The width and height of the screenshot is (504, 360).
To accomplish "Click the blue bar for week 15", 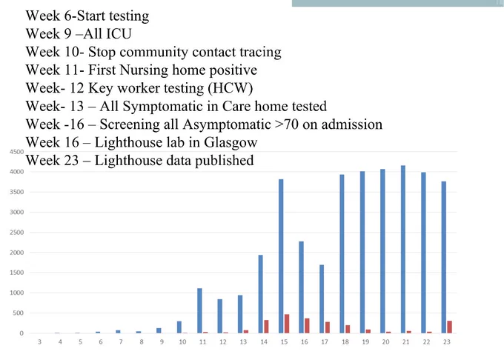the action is pyautogui.click(x=281, y=256).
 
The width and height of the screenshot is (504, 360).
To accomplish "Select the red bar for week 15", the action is pyautogui.click(x=287, y=324).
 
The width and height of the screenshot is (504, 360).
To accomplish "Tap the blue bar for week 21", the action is pyautogui.click(x=403, y=249).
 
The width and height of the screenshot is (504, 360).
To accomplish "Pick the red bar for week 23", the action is pyautogui.click(x=449, y=327).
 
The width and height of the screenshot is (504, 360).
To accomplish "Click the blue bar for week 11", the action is pyautogui.click(x=199, y=310).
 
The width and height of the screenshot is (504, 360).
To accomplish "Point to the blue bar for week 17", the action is pyautogui.click(x=322, y=299).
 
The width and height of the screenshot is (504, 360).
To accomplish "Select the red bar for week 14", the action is pyautogui.click(x=266, y=327).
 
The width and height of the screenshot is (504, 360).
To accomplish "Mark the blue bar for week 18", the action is pyautogui.click(x=342, y=253).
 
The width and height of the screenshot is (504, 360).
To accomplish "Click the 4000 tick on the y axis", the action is pyautogui.click(x=17, y=172).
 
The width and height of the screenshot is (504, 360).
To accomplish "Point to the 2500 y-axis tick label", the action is pyautogui.click(x=17, y=232).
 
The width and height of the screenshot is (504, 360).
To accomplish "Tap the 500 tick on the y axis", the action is pyautogui.click(x=19, y=313).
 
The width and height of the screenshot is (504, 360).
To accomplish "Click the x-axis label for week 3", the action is pyautogui.click(x=39, y=342).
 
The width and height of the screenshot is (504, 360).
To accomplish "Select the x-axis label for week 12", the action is pyautogui.click(x=223, y=342).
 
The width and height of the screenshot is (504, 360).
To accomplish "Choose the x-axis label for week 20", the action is pyautogui.click(x=385, y=342).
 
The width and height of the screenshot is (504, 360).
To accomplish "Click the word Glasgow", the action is pyautogui.click(x=231, y=142).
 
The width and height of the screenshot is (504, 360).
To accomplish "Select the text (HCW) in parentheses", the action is pyautogui.click(x=231, y=88).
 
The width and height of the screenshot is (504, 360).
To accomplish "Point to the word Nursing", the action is pyautogui.click(x=144, y=70).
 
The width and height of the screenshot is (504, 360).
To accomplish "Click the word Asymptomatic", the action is pyautogui.click(x=227, y=124).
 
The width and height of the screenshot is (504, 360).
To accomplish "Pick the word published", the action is pyautogui.click(x=225, y=161).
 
